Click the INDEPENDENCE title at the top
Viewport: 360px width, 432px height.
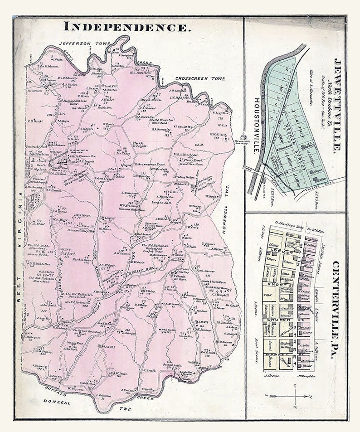[126, 26]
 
